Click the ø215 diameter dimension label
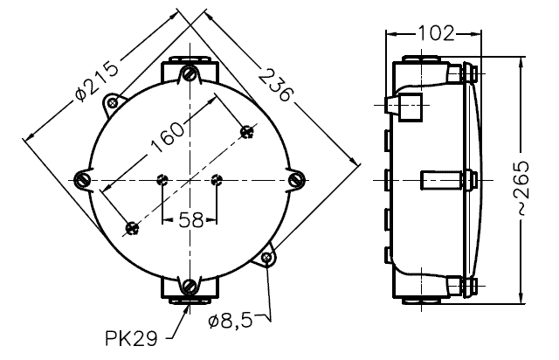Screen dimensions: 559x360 pyautogui.click(x=97, y=82)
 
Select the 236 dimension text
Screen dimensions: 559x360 pyautogui.click(x=275, y=86)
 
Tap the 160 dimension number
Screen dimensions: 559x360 pyautogui.click(x=167, y=137)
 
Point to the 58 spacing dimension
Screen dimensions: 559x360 pyautogui.click(x=190, y=220)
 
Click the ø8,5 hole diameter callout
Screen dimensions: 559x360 pyautogui.click(x=231, y=321)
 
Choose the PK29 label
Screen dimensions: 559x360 pyautogui.click(x=131, y=338)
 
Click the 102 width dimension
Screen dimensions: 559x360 pyautogui.click(x=436, y=33)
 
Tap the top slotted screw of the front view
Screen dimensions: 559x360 pyautogui.click(x=190, y=74)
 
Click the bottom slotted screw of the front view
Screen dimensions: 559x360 pyautogui.click(x=190, y=286)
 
